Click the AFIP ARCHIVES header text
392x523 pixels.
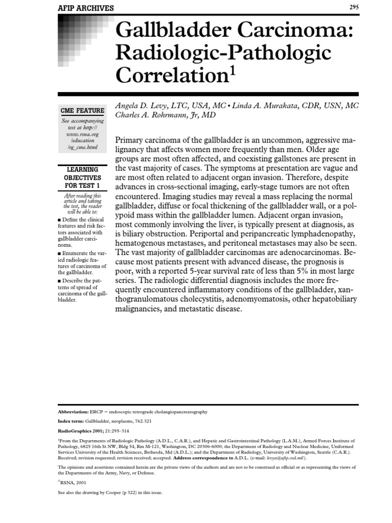coord(86,8)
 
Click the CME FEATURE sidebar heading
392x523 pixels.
coord(83,110)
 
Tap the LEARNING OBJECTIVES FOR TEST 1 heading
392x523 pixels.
coord(83,177)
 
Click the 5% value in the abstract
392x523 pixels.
coord(300,271)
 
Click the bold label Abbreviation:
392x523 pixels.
coord(73,412)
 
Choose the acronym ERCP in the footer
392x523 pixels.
coord(96,412)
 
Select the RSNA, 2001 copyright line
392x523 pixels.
coord(72,482)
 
